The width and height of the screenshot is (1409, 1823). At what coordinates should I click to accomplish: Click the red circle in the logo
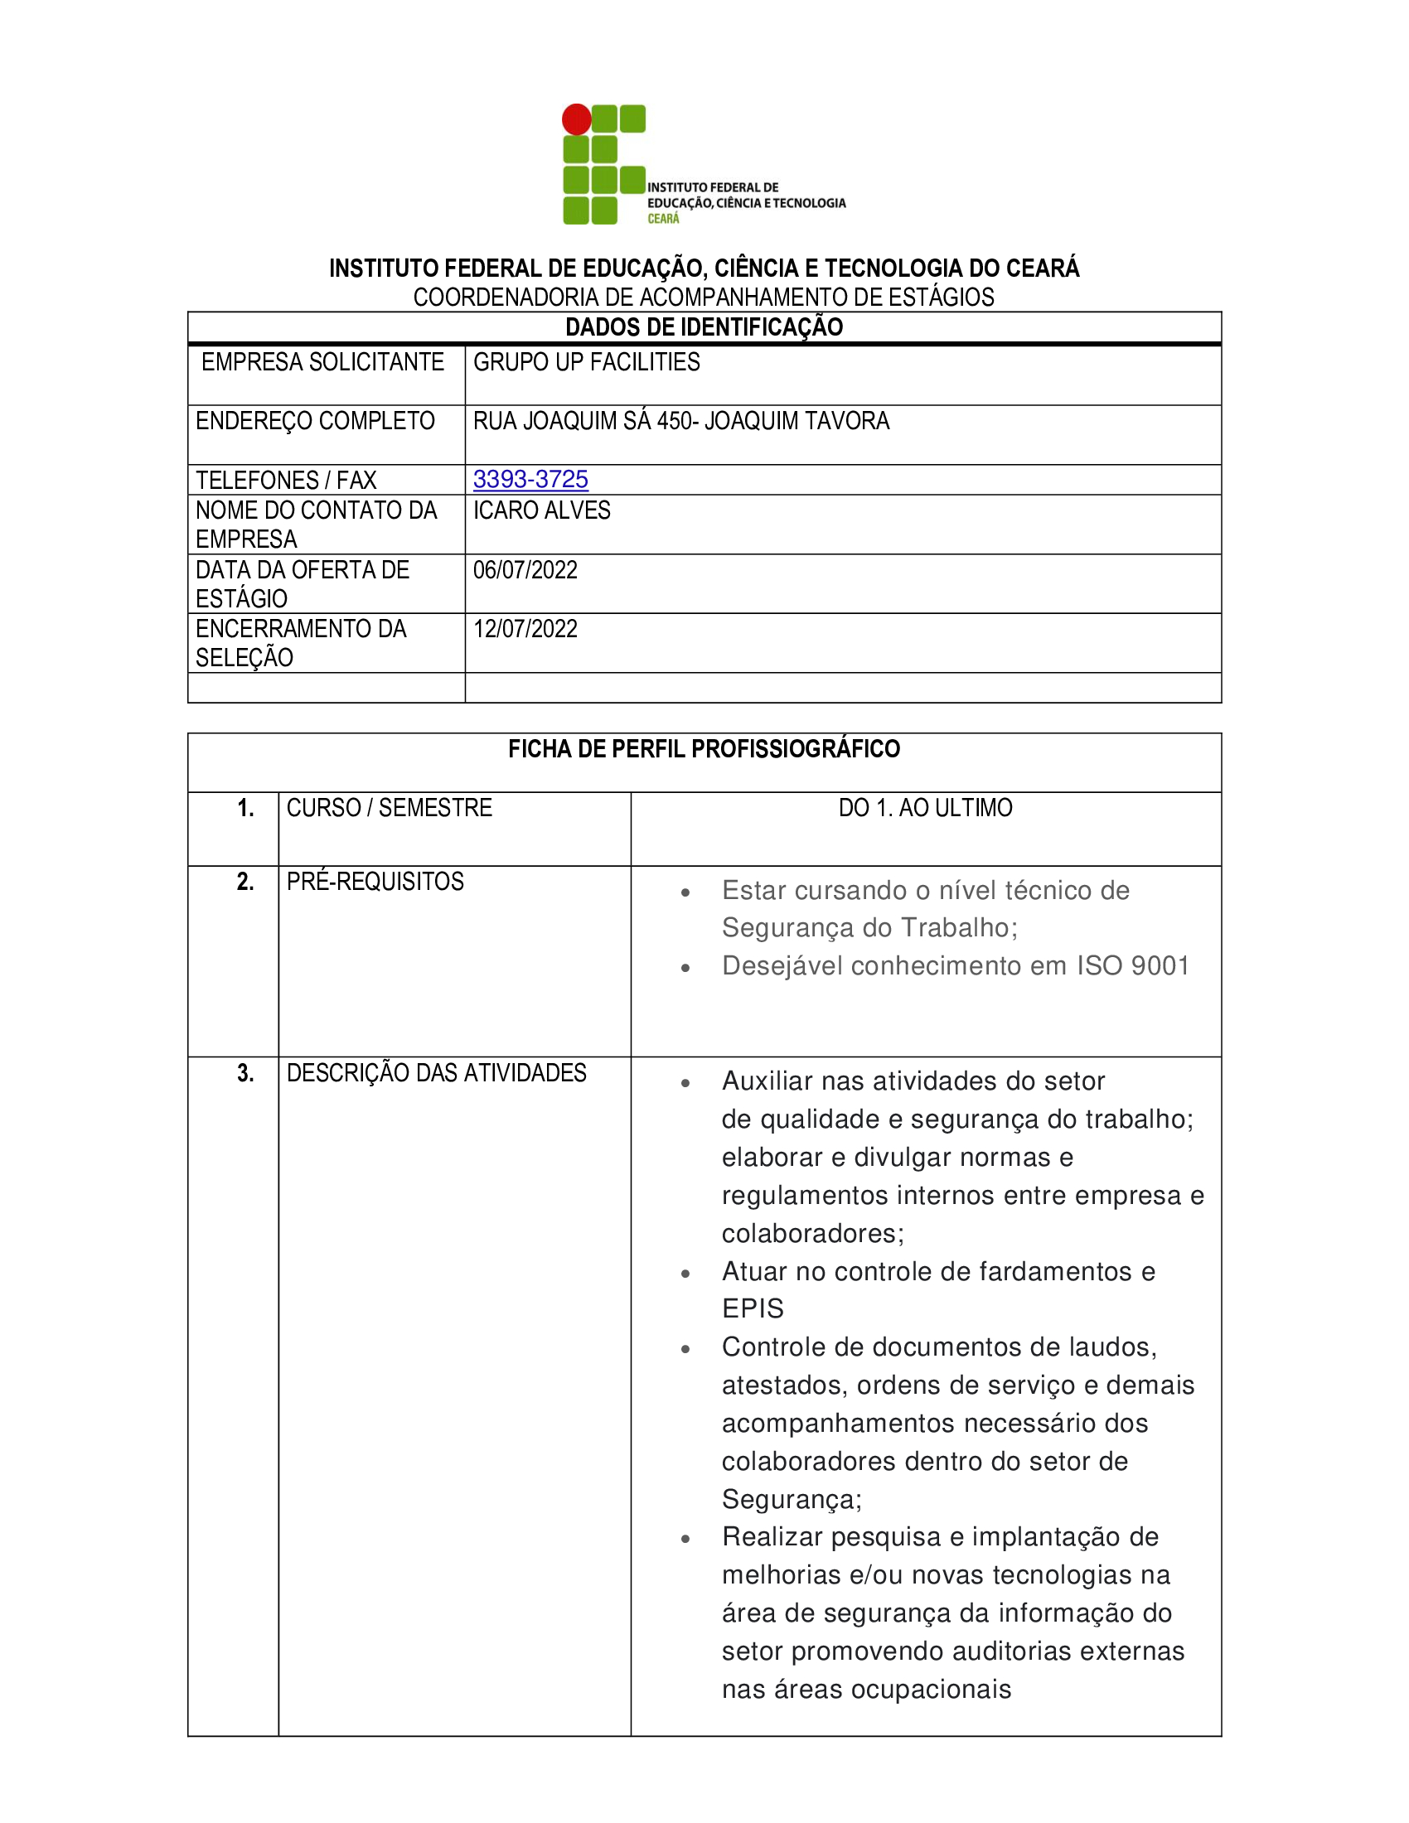(576, 119)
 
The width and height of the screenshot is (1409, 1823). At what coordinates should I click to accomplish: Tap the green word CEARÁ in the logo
(664, 219)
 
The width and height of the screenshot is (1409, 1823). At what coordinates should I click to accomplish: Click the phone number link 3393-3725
(530, 479)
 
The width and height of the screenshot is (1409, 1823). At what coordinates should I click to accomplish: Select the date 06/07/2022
(525, 570)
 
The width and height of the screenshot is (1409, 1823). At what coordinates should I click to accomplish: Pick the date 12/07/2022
(525, 629)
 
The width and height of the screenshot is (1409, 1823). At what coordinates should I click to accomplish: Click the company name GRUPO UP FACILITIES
(586, 362)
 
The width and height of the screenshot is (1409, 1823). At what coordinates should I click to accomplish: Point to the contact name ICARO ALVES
(542, 510)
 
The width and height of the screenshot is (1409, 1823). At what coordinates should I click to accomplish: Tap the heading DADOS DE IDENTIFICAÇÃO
(704, 327)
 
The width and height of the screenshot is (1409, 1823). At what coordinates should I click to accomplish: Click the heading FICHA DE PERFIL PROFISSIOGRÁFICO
(704, 749)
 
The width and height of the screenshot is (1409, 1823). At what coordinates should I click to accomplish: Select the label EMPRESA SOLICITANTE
(322, 362)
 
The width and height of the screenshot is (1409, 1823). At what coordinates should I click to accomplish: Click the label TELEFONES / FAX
(285, 481)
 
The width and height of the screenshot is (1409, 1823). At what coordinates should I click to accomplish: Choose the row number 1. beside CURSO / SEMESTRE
(245, 808)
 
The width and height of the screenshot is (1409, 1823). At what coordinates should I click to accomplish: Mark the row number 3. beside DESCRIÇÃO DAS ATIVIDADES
(245, 1072)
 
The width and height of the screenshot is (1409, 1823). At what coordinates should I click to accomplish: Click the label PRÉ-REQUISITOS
(375, 882)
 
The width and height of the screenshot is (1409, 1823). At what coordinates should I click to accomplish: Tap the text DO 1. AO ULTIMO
(925, 808)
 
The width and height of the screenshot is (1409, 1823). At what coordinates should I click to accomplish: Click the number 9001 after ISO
(1160, 965)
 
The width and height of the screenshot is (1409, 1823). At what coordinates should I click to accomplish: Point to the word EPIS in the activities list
(753, 1308)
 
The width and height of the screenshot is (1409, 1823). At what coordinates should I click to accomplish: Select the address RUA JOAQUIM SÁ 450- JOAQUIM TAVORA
(681, 421)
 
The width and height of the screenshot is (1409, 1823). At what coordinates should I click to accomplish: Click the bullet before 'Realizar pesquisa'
(685, 1539)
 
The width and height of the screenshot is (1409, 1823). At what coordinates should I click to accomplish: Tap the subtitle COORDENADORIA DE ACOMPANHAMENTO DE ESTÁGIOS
(704, 297)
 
